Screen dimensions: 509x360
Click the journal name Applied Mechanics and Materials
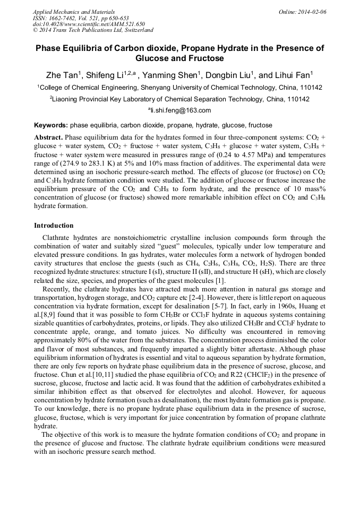(x=73, y=12)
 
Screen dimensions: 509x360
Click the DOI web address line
(x=89, y=24)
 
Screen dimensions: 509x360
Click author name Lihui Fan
(x=293, y=74)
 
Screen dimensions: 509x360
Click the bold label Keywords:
(x=51, y=126)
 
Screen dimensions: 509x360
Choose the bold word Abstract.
(x=48, y=137)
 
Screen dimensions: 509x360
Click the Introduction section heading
(x=54, y=226)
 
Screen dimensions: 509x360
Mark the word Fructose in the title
(x=205, y=58)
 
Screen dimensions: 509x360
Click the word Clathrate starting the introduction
(x=59, y=237)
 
